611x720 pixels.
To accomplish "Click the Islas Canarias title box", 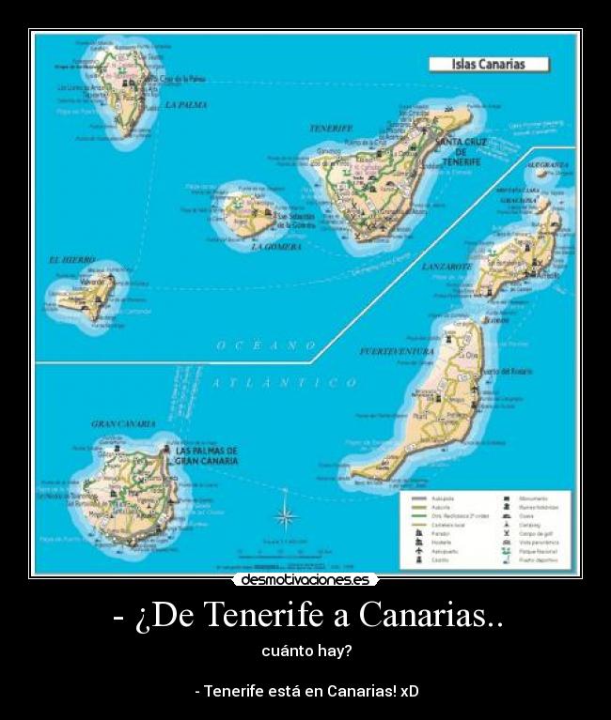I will coord(489,65).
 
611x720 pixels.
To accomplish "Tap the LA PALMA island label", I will coord(185,105).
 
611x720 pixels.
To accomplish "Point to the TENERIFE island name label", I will coord(330,128).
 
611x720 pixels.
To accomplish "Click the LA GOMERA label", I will coord(276,247).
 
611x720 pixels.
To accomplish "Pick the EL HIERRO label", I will coord(72,259).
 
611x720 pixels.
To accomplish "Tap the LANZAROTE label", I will coord(446,267).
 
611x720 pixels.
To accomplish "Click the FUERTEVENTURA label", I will coord(397,351).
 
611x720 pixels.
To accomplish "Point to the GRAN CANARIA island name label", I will coord(123,424).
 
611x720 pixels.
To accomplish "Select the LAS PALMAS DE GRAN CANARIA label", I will coord(207,456).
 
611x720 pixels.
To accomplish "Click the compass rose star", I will coord(286,515).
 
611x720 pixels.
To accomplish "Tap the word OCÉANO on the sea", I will coord(266,345).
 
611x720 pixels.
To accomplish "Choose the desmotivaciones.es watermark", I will coord(305,580).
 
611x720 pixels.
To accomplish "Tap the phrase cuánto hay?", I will coord(305,651).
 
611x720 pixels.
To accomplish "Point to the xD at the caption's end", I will coord(409,691).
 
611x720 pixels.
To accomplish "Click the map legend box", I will coord(489,529).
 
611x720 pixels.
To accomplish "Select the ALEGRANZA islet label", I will coord(548,164).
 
